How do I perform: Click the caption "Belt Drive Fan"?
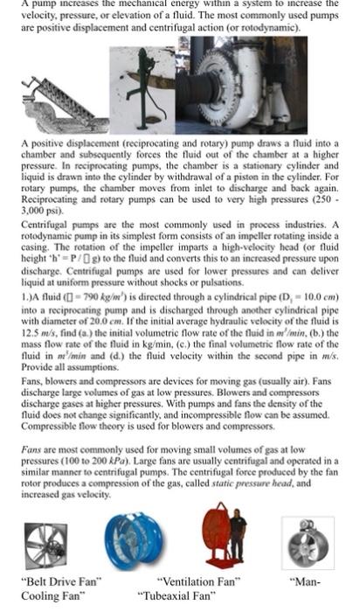pos(61,580)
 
